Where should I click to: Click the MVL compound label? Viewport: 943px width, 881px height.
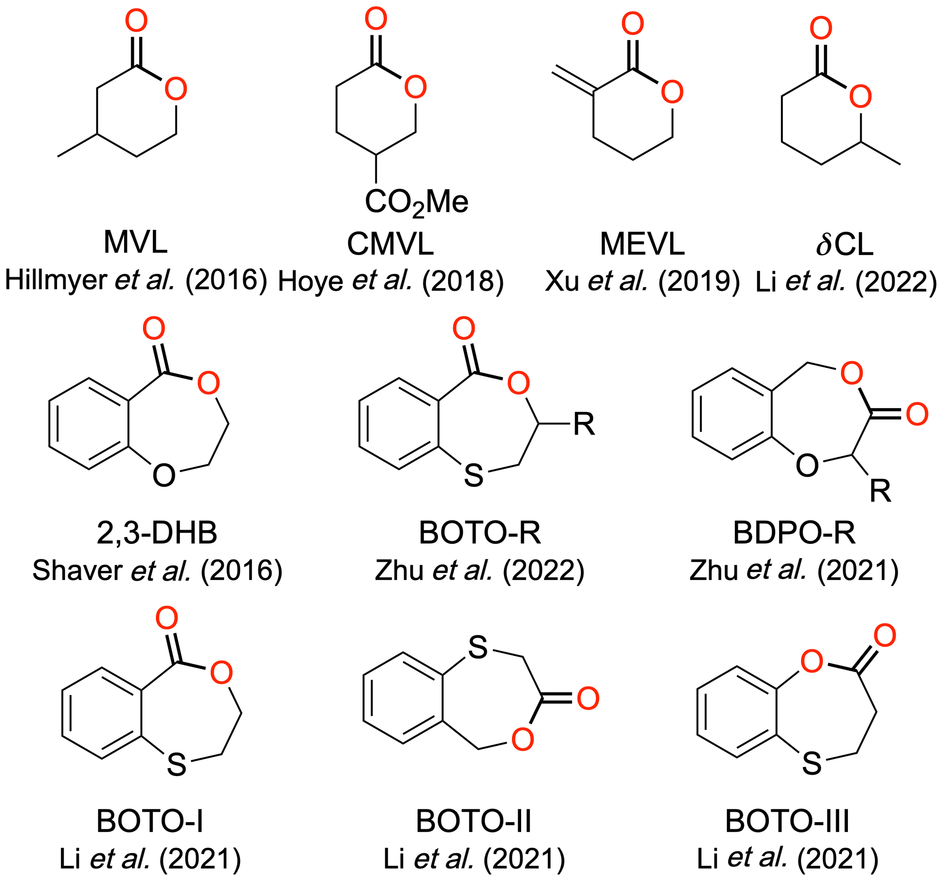135,242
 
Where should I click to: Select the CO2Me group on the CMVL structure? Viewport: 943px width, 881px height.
416,202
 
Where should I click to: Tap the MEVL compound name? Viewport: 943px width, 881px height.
642,244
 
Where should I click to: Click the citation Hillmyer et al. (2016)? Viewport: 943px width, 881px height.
136,280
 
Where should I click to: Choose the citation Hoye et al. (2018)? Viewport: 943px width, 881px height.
391,281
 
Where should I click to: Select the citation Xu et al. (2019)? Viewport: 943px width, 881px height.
642,281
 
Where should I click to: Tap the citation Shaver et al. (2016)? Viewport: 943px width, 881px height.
157,570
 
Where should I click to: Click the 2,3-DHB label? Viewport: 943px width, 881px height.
157,533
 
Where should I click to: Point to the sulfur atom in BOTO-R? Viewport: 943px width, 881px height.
474,475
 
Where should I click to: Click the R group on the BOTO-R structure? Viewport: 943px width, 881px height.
584,424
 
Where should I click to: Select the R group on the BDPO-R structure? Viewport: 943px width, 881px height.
880,491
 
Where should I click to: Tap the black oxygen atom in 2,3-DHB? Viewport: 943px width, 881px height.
164,475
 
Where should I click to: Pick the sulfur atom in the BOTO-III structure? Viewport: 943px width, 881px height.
812,763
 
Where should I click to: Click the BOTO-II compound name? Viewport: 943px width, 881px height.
474,821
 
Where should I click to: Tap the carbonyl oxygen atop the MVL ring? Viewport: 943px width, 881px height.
136,21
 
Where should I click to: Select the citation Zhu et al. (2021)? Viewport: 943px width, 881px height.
794,570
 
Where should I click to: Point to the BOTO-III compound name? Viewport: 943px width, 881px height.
787,821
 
